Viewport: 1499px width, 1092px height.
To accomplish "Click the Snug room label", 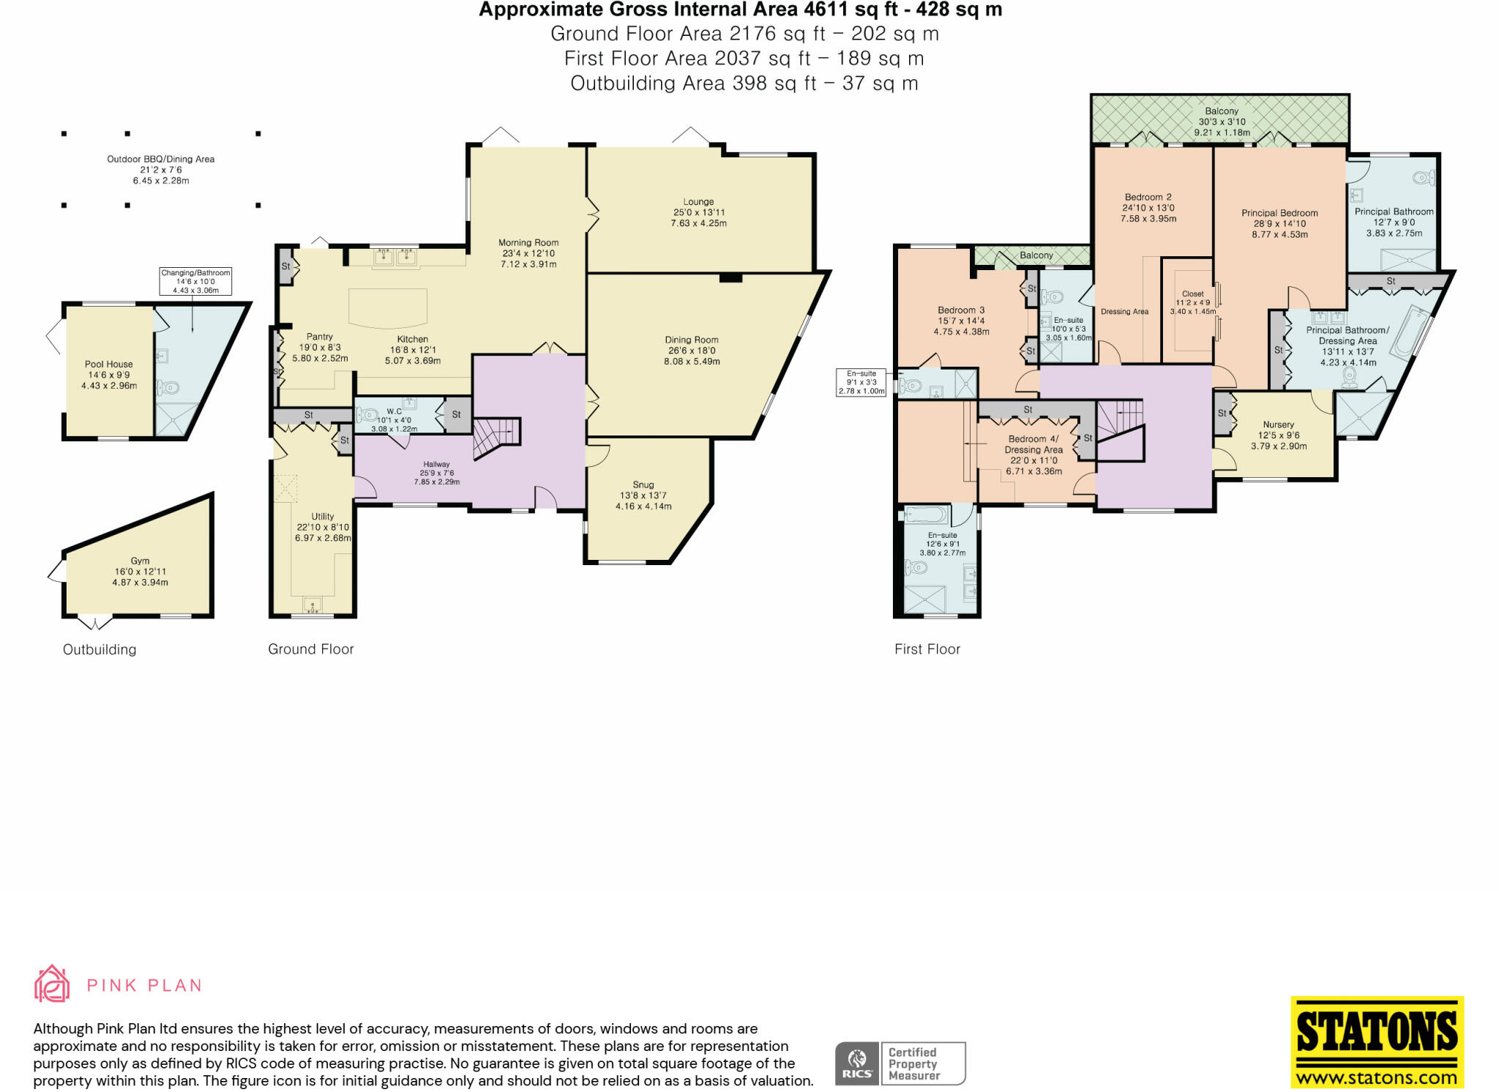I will pyautogui.click(x=643, y=485).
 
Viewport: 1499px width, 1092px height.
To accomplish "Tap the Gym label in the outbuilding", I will pyautogui.click(x=140, y=561).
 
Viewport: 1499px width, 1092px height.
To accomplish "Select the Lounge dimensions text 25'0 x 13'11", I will pyautogui.click(x=698, y=212).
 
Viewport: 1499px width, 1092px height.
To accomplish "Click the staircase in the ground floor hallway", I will pyautogui.click(x=496, y=436).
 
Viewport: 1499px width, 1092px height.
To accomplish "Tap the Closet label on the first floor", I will pyautogui.click(x=1192, y=293).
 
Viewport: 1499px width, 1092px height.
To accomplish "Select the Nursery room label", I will pyautogui.click(x=1278, y=425).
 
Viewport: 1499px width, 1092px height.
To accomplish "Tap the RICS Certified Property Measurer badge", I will pyautogui.click(x=900, y=1063).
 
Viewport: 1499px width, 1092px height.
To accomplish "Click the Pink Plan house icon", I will pyautogui.click(x=52, y=984).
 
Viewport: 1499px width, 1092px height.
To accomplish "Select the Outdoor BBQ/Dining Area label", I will pyautogui.click(x=160, y=159).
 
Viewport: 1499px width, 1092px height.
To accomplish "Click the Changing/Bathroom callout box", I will pyautogui.click(x=195, y=281).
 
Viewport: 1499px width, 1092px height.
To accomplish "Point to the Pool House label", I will pyautogui.click(x=109, y=364).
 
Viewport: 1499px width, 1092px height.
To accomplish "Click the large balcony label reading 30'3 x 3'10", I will pyautogui.click(x=1222, y=121).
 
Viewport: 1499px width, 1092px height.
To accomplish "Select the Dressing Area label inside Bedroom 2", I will pyautogui.click(x=1124, y=312).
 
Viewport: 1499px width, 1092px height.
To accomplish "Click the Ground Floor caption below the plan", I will pyautogui.click(x=310, y=649).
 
